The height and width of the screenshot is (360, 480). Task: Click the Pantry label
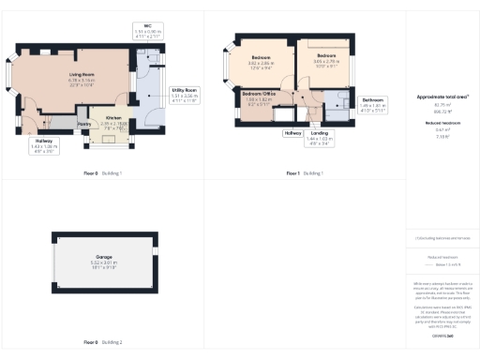tap(83, 124)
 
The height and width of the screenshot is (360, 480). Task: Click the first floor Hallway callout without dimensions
tap(292, 133)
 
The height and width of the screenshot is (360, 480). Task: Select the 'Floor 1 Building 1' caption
tap(306, 174)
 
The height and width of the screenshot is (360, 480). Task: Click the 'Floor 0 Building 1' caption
tap(102, 174)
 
